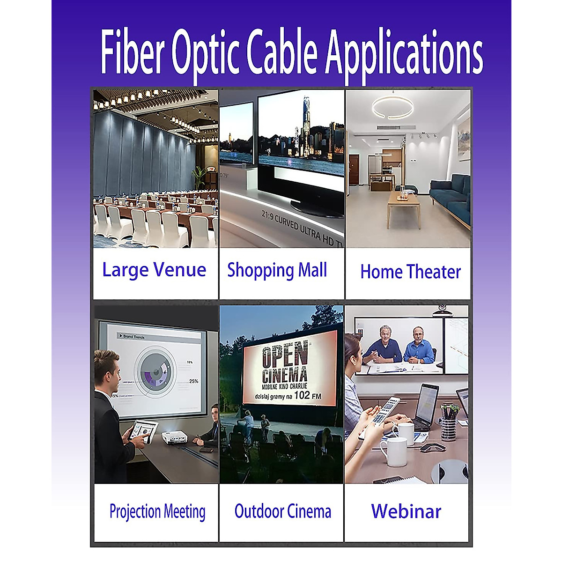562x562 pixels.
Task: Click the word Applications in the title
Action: click(404, 52)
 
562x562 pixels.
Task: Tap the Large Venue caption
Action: click(154, 270)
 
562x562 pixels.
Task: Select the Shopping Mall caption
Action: click(277, 271)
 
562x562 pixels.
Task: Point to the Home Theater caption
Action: click(410, 272)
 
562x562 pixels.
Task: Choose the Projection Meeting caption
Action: click(157, 512)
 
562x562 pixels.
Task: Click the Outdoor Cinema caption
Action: click(282, 511)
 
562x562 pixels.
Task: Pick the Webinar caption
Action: click(406, 511)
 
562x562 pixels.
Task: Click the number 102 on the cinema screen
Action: click(302, 395)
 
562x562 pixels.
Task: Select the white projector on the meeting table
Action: click(174, 437)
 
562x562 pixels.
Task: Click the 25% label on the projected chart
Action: click(193, 381)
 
